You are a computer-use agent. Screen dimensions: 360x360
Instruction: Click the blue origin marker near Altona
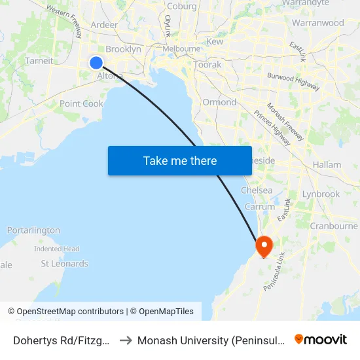pos(96,63)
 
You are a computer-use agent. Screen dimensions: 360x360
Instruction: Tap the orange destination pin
pos(264,246)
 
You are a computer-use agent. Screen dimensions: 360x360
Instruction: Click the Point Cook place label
pos(81,103)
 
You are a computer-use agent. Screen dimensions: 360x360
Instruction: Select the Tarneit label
pos(39,61)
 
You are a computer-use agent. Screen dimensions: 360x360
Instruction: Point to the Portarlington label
pos(33,230)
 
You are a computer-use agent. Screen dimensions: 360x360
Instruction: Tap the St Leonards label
pos(64,264)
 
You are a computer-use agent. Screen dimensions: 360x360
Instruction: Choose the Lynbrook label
pos(321,194)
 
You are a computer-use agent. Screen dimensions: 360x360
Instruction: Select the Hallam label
pos(327,165)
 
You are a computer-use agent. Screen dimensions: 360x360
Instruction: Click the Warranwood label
pos(317,23)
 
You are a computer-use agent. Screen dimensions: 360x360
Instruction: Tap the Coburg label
pos(181,7)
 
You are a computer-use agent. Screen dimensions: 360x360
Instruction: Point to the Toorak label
pos(207,65)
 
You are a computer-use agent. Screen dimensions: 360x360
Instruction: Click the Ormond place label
pos(219,102)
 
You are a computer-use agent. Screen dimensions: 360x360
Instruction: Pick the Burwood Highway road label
pos(293,81)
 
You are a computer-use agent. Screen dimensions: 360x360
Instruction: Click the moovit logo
pos(320,339)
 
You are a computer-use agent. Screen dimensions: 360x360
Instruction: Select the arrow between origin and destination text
pos(125,340)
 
